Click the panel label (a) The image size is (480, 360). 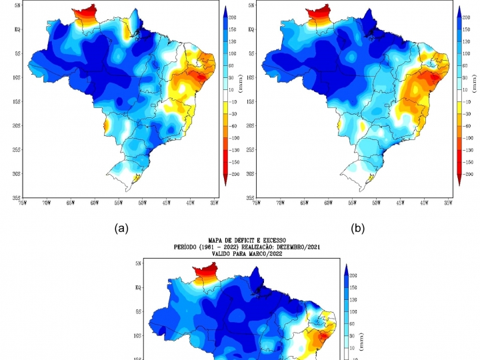(121, 229)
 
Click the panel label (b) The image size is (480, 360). (359, 229)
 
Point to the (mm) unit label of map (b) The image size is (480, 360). (474, 83)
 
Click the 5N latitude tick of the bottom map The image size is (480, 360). (137, 263)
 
